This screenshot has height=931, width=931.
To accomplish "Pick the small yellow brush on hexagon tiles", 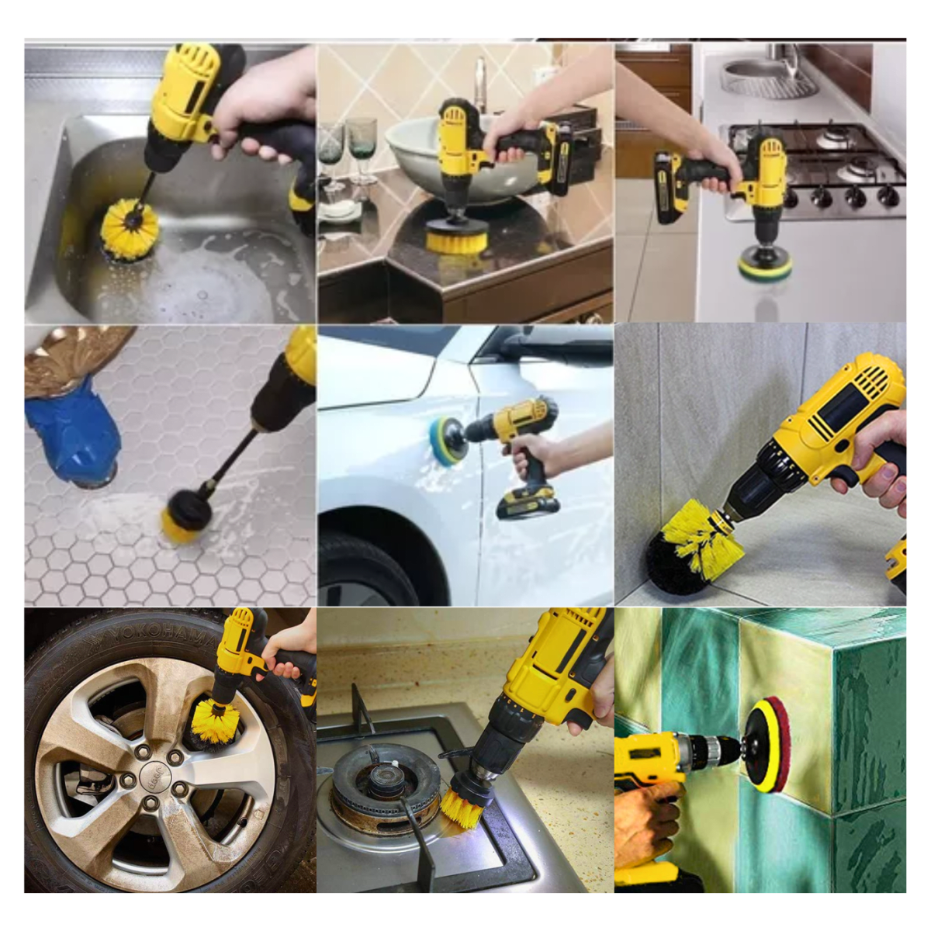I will coord(185,518).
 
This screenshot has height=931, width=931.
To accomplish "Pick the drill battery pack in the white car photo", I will coord(528,504).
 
